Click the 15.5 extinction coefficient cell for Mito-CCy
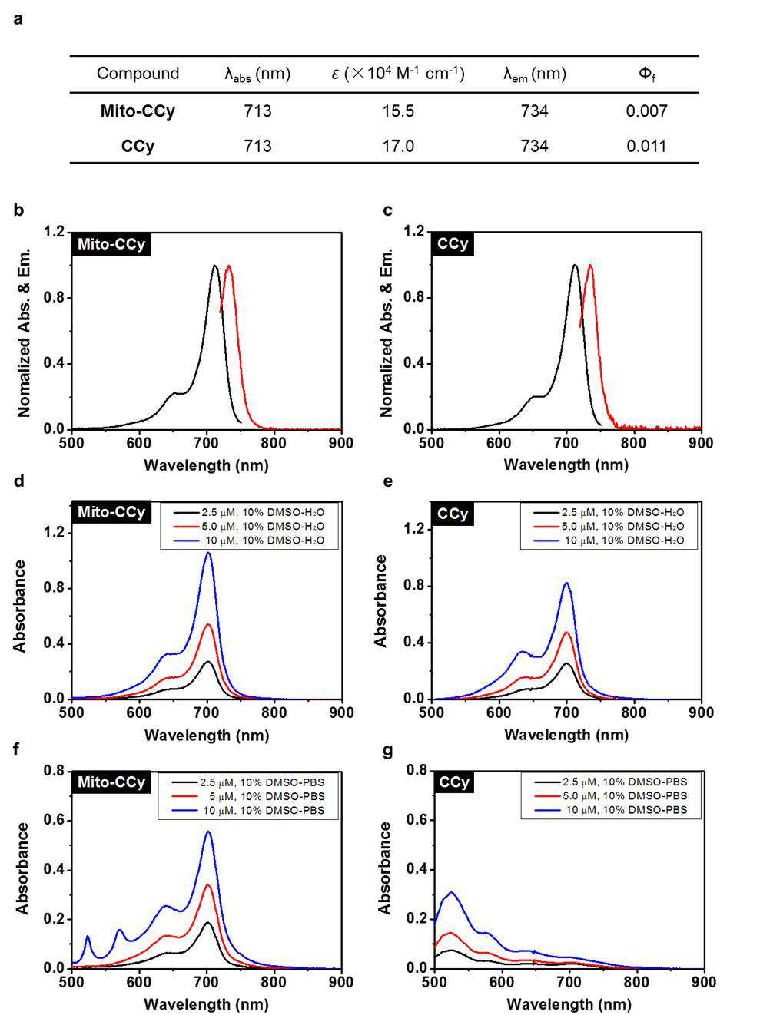[398, 111]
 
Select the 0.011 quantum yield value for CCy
[646, 146]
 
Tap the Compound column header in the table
[138, 74]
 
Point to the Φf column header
[646, 74]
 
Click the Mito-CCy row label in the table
[138, 111]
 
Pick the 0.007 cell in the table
[646, 111]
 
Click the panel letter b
[18, 210]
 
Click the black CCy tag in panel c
[453, 243]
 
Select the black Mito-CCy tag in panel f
[111, 782]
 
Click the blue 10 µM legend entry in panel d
[249, 540]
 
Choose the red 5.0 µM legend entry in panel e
[609, 526]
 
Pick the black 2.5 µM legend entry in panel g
[610, 782]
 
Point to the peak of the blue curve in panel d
[208, 552]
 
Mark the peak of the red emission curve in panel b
[228, 266]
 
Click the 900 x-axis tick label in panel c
[701, 442]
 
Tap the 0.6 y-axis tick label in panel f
[54, 820]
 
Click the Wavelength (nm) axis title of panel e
[566, 735]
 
